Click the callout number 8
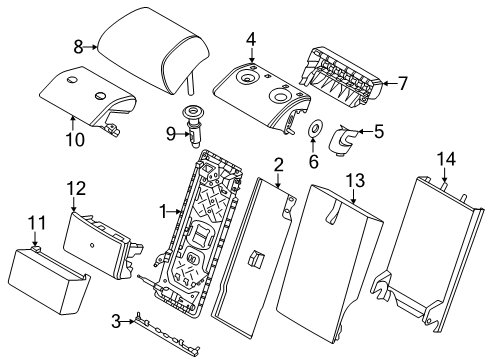tap(78, 47)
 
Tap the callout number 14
tap(446, 159)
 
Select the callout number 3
tap(116, 322)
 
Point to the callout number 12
tap(77, 188)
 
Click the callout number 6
tap(314, 162)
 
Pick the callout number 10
tap(75, 140)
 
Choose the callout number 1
tap(163, 211)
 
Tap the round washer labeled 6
tap(314, 128)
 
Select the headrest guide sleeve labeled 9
tap(193, 125)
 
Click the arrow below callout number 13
tap(354, 196)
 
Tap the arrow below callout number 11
tap(35, 239)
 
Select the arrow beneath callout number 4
tap(252, 54)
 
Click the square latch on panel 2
tap(256, 259)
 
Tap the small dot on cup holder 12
tap(92, 246)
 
